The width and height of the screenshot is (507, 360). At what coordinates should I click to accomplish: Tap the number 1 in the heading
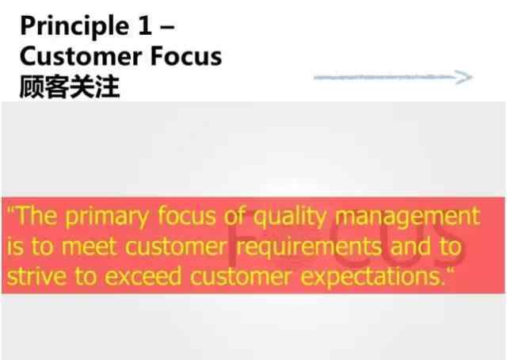[144, 25]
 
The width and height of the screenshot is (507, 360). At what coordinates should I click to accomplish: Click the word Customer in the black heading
[81, 56]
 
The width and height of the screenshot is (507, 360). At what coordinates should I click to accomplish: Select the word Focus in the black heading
[186, 56]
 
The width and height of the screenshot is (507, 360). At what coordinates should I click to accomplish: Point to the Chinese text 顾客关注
[70, 86]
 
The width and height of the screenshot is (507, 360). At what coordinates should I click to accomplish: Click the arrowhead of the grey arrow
[464, 77]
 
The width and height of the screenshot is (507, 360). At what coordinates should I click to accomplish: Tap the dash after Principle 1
[167, 26]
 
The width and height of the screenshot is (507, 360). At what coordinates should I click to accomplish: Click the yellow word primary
[107, 217]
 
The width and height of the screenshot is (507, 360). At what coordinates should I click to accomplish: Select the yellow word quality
[290, 217]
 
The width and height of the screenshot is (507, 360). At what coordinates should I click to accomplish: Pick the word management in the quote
[408, 217]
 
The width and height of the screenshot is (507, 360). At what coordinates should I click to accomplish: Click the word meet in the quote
[88, 247]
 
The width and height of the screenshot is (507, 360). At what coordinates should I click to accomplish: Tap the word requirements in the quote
[309, 247]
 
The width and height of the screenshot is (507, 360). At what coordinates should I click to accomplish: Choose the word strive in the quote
[36, 277]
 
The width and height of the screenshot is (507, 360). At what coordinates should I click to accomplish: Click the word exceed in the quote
[143, 277]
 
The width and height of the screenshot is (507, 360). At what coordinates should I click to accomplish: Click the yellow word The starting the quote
[36, 216]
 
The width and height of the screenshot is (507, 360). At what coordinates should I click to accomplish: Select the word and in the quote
[410, 247]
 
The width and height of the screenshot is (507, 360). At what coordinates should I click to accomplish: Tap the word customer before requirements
[176, 247]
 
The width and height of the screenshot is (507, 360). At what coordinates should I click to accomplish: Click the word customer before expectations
[240, 277]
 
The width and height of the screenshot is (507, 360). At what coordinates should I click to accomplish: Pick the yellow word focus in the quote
[187, 216]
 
